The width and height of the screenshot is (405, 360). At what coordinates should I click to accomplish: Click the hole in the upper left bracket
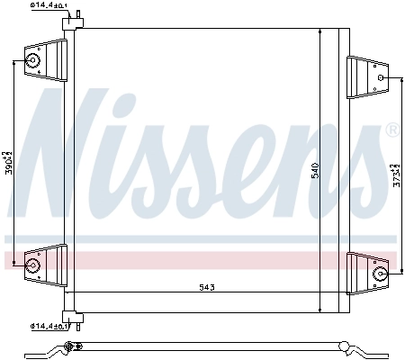click(34, 61)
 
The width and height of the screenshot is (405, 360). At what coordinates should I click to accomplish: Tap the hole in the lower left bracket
click(34, 265)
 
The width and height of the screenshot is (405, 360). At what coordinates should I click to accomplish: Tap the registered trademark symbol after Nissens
click(391, 130)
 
